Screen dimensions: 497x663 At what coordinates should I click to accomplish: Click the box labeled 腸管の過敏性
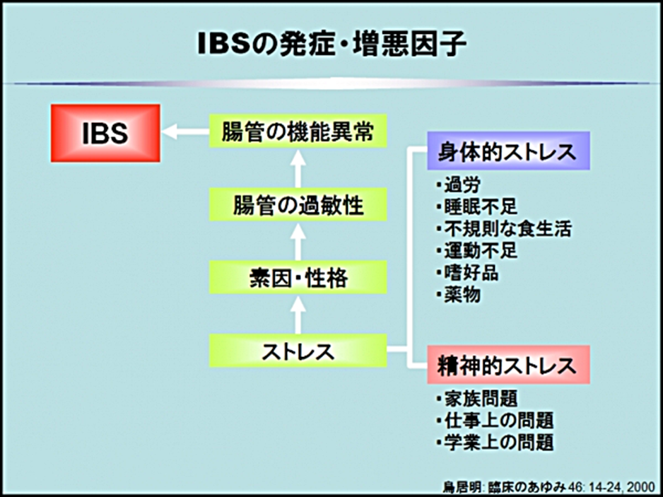click(298, 205)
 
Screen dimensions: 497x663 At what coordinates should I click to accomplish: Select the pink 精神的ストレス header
click(508, 366)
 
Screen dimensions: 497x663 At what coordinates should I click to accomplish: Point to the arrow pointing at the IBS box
click(186, 132)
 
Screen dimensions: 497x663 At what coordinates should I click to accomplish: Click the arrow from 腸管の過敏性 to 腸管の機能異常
click(298, 168)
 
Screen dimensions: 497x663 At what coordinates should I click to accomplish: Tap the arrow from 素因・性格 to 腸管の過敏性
click(298, 241)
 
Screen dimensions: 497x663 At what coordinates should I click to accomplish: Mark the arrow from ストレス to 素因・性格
click(298, 314)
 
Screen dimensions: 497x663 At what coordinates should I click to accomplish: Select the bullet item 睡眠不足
click(476, 208)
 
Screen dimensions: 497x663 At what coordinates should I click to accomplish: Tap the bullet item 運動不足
click(476, 251)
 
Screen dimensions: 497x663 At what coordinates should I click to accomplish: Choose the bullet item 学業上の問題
click(494, 443)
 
